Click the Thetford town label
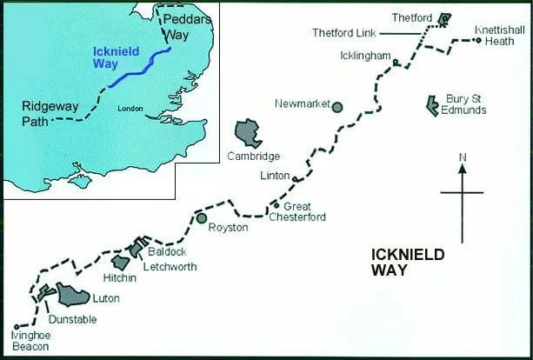tap(411, 17)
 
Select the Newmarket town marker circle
tap(337, 107)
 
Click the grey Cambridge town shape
tap(249, 133)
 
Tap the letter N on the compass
tap(463, 157)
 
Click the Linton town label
tap(275, 176)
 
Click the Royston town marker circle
tap(202, 217)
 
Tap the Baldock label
tap(163, 250)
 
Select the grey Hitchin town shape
tap(121, 262)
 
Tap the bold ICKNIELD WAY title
tap(407, 262)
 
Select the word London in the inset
tap(129, 109)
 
